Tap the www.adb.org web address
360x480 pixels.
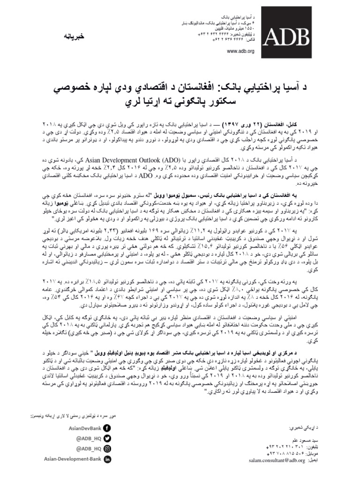(240, 51)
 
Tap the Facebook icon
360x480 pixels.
(107, 427)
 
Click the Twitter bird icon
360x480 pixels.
(107, 438)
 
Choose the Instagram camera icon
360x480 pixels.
(107, 449)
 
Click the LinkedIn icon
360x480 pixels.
(107, 460)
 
